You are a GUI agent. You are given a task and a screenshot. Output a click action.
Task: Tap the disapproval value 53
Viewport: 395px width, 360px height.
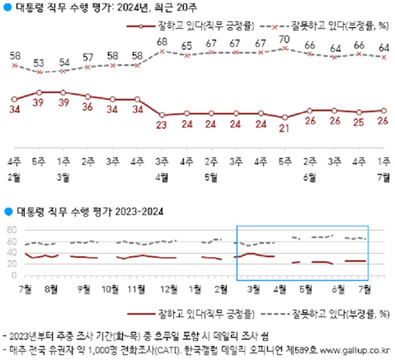[39, 64]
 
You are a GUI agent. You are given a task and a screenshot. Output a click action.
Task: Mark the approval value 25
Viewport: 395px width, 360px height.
[359, 122]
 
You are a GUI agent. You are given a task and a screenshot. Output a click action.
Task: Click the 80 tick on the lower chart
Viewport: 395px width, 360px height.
[11, 230]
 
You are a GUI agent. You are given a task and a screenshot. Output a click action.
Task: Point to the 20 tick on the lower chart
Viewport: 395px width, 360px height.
[11, 264]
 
